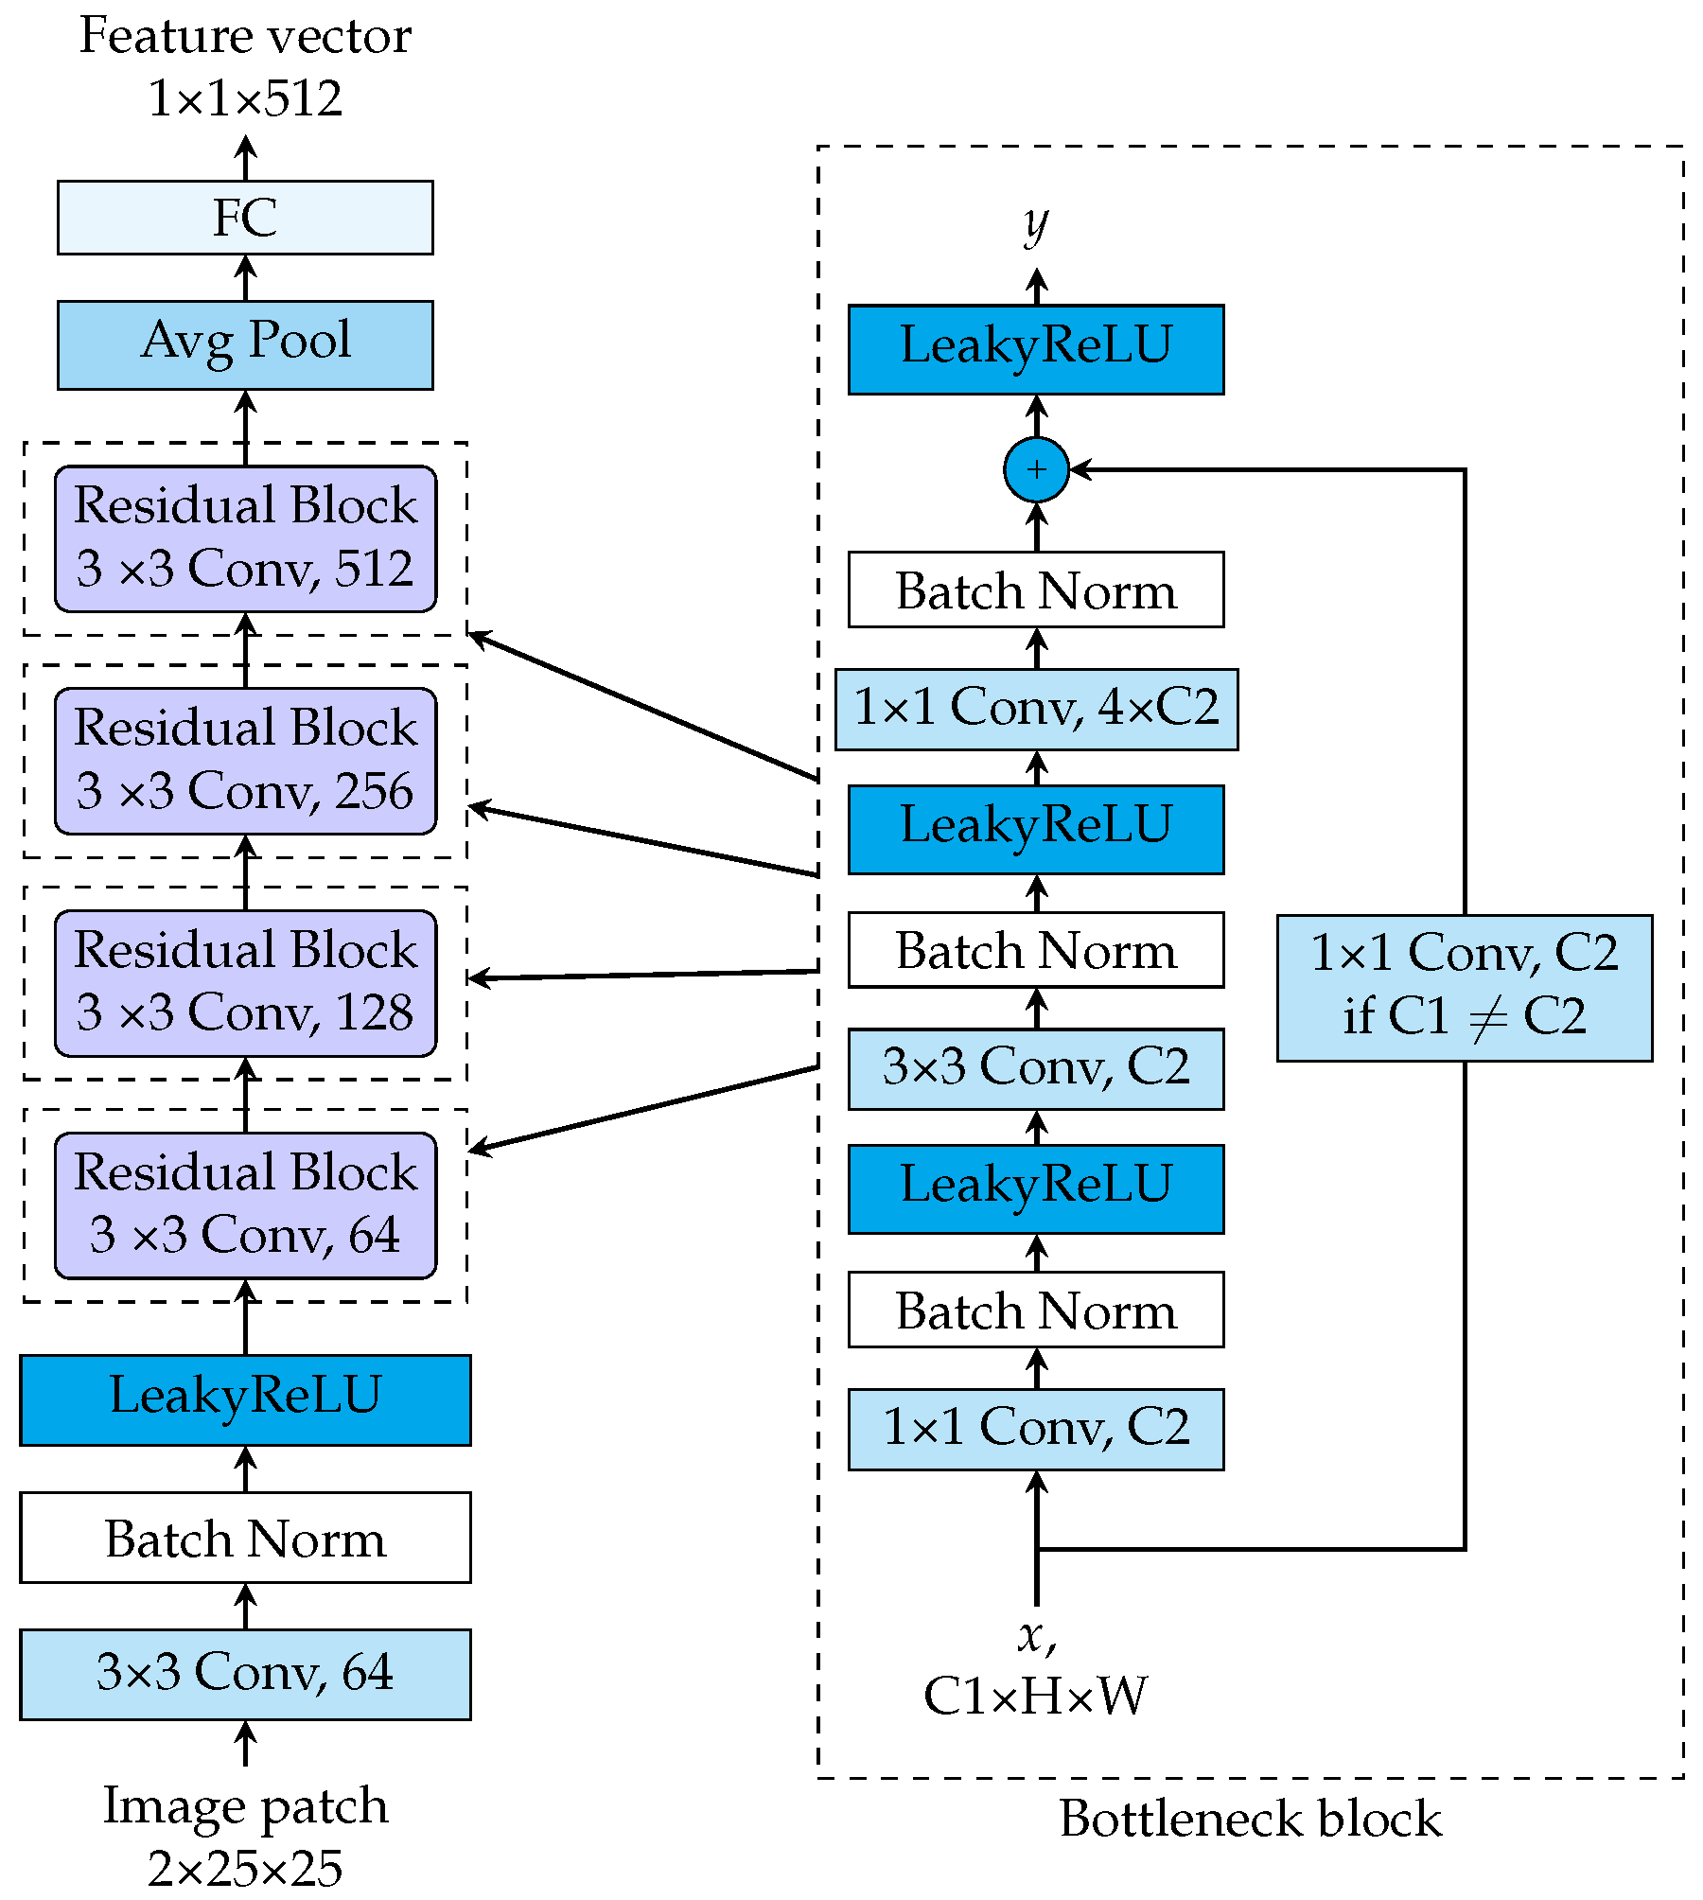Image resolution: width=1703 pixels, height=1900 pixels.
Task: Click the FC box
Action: pyautogui.click(x=245, y=218)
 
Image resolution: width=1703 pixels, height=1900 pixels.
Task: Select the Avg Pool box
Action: pyautogui.click(x=245, y=344)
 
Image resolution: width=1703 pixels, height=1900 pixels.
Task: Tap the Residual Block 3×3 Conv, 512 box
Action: pyautogui.click(x=245, y=538)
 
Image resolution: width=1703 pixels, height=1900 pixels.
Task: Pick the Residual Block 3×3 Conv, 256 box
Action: pyautogui.click(x=245, y=761)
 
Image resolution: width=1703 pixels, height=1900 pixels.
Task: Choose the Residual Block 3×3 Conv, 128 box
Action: pyautogui.click(x=245, y=983)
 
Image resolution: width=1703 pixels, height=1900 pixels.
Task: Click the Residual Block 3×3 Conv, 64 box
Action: pyautogui.click(x=245, y=1205)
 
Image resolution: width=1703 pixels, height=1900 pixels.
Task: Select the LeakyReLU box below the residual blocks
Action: pyautogui.click(x=245, y=1399)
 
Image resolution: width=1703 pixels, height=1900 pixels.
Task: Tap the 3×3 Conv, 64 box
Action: pyautogui.click(x=245, y=1674)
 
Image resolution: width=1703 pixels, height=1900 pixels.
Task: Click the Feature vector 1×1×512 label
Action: pyautogui.click(x=245, y=66)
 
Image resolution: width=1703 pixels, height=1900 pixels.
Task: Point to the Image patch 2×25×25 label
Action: pyautogui.click(x=245, y=1836)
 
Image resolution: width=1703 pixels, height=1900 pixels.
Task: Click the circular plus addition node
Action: pyautogui.click(x=1036, y=469)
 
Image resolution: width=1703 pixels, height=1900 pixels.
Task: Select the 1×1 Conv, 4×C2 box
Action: pyautogui.click(x=1036, y=710)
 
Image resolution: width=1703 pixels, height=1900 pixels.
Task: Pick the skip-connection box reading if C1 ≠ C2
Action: pyautogui.click(x=1464, y=987)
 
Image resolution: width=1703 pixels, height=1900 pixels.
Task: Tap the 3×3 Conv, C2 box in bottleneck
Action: pyautogui.click(x=1036, y=1068)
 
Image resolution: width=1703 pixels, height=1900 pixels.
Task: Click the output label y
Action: pyautogui.click(x=1036, y=225)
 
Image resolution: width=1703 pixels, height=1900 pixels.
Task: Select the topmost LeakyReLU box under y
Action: pyautogui.click(x=1036, y=348)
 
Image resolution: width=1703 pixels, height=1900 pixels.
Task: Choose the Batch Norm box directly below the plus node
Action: pyautogui.click(x=1036, y=589)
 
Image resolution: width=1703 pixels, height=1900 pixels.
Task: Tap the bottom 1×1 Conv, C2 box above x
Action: pyautogui.click(x=1036, y=1429)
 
